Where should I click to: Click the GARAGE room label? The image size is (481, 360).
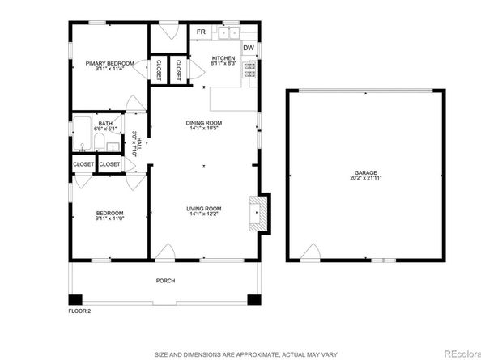(x=364, y=172)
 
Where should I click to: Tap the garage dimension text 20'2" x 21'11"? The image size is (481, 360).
(x=364, y=179)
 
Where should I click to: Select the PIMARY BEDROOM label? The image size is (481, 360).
(x=109, y=63)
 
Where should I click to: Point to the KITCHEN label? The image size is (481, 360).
(x=223, y=58)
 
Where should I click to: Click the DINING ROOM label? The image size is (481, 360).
(x=204, y=122)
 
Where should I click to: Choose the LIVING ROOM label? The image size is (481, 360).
(x=204, y=208)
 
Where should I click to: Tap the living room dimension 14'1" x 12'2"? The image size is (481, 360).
(x=204, y=214)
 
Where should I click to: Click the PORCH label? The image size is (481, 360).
(x=165, y=281)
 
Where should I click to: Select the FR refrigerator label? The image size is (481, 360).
(x=200, y=33)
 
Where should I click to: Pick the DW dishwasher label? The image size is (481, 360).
(x=249, y=48)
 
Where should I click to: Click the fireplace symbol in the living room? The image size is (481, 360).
(x=260, y=213)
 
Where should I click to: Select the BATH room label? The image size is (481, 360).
(x=106, y=123)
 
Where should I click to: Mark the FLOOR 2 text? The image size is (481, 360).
(x=79, y=309)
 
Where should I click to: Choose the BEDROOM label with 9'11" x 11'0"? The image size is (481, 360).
(x=109, y=213)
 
